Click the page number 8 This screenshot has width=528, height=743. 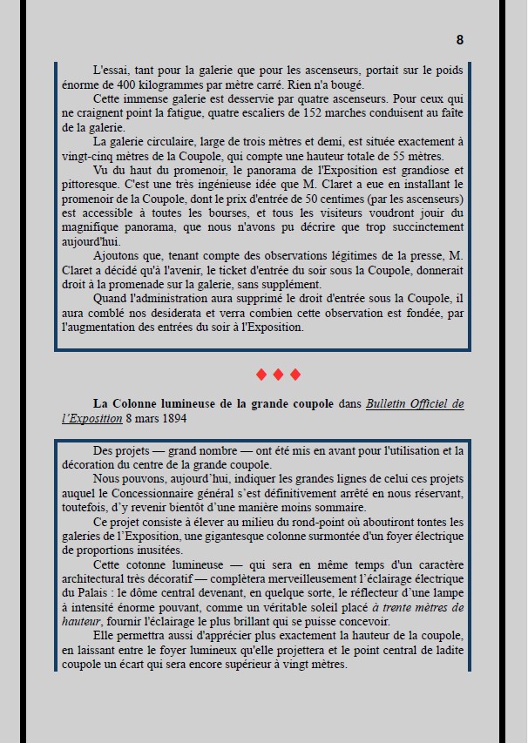[x=460, y=39]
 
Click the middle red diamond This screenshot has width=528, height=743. [x=278, y=375]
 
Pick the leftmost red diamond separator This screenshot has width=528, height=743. [x=261, y=375]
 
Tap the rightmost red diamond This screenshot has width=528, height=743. [x=295, y=375]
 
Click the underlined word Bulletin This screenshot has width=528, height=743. [x=389, y=404]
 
